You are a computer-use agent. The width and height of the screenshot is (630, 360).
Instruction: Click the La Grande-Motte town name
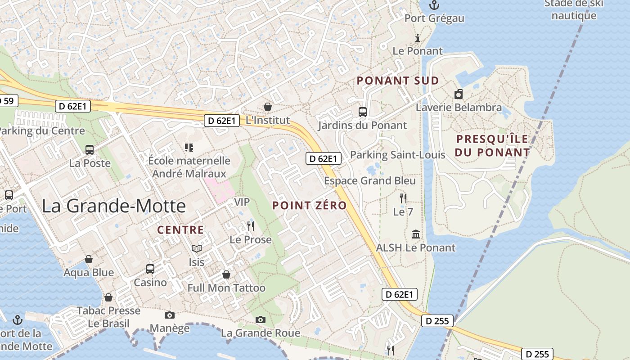[114, 206]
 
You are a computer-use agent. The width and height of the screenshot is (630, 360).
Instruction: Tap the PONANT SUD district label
[398, 81]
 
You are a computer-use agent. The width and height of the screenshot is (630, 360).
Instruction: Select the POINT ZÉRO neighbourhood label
[310, 206]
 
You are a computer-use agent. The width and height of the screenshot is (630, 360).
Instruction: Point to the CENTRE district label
[180, 230]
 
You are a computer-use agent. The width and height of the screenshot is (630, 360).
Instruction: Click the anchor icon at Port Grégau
[434, 5]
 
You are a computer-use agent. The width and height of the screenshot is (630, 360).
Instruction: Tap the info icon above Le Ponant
[418, 38]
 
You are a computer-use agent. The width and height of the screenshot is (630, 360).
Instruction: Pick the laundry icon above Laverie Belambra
[459, 94]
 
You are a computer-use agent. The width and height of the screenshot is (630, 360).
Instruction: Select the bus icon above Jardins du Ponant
[362, 112]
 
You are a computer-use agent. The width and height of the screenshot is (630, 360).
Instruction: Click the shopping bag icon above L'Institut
[268, 107]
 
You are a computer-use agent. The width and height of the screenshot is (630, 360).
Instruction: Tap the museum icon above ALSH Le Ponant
[416, 234]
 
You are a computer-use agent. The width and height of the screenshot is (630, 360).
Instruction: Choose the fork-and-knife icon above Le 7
[403, 198]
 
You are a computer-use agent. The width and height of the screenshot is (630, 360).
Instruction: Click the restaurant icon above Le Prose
[251, 226]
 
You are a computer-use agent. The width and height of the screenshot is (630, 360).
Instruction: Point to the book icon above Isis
[197, 248]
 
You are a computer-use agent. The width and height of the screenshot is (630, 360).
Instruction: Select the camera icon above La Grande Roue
[260, 319]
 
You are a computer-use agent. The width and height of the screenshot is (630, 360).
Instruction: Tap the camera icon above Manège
[170, 315]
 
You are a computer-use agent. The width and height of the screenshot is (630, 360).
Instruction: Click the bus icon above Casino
[150, 269]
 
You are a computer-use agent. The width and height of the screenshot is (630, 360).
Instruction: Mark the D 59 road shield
[8, 101]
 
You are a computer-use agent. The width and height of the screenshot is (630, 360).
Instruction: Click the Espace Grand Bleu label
[370, 181]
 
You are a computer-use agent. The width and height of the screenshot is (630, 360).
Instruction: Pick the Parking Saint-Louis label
[397, 155]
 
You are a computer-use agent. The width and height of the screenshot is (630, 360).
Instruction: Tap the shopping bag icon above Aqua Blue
[89, 259]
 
